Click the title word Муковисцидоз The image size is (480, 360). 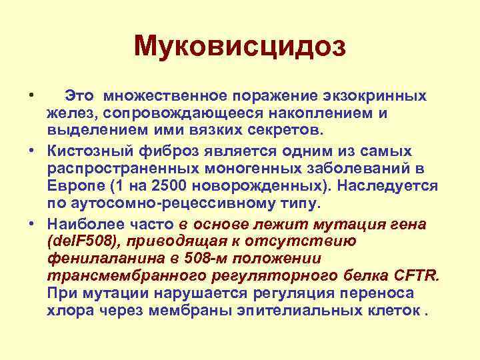coord(240,46)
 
